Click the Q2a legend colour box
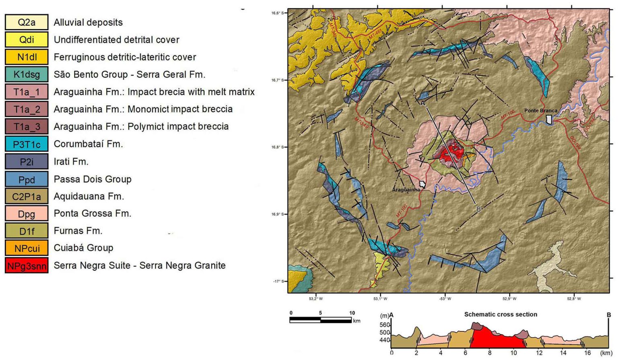coord(27,22)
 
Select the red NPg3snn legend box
coord(27,266)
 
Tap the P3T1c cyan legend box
coord(27,144)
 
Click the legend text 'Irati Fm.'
coord(71,162)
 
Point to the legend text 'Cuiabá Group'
coord(83,248)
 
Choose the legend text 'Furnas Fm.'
coord(78,231)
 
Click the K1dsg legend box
coord(27,74)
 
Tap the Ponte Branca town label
coord(541,111)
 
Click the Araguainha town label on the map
coord(406,189)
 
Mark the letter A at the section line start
coord(423,103)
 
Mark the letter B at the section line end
coord(478,209)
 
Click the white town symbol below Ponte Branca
coord(549,119)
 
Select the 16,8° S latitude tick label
coord(277,147)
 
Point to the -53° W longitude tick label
coord(445,299)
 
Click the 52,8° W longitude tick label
coord(574,299)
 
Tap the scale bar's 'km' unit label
coord(356,321)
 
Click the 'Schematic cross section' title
coord(501,315)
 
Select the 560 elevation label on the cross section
coord(385,325)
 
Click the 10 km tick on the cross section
coord(514,353)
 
